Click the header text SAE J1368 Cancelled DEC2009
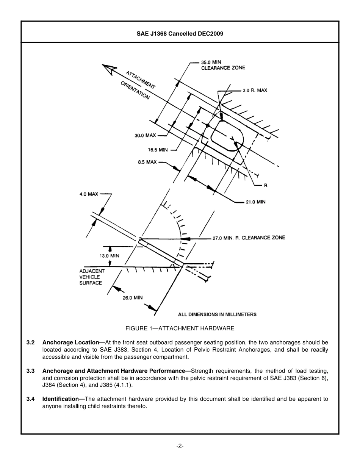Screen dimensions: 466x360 180,33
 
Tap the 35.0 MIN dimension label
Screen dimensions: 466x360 211,62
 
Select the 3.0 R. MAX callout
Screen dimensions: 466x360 255,91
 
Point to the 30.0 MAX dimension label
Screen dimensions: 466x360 145,135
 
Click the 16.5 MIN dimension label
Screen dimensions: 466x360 158,150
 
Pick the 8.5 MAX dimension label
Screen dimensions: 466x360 147,162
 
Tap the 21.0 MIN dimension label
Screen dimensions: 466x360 255,202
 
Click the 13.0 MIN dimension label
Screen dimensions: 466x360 109,256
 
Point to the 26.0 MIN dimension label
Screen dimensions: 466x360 132,298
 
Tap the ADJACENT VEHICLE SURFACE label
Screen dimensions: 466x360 92,277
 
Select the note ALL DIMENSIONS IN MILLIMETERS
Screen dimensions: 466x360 217,314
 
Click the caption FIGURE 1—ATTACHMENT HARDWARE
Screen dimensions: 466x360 180,328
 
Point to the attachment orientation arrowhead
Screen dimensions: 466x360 109,69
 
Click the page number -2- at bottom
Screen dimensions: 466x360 180,446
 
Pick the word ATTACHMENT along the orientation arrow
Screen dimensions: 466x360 141,80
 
